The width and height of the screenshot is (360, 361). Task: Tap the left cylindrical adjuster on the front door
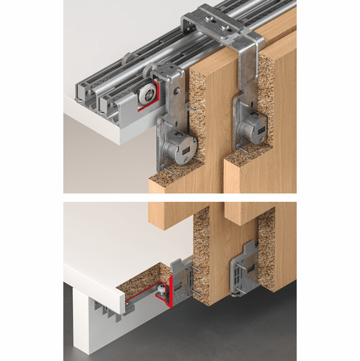pyautogui.click(x=177, y=150)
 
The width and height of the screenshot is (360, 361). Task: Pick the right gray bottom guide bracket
pyautogui.click(x=243, y=270)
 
